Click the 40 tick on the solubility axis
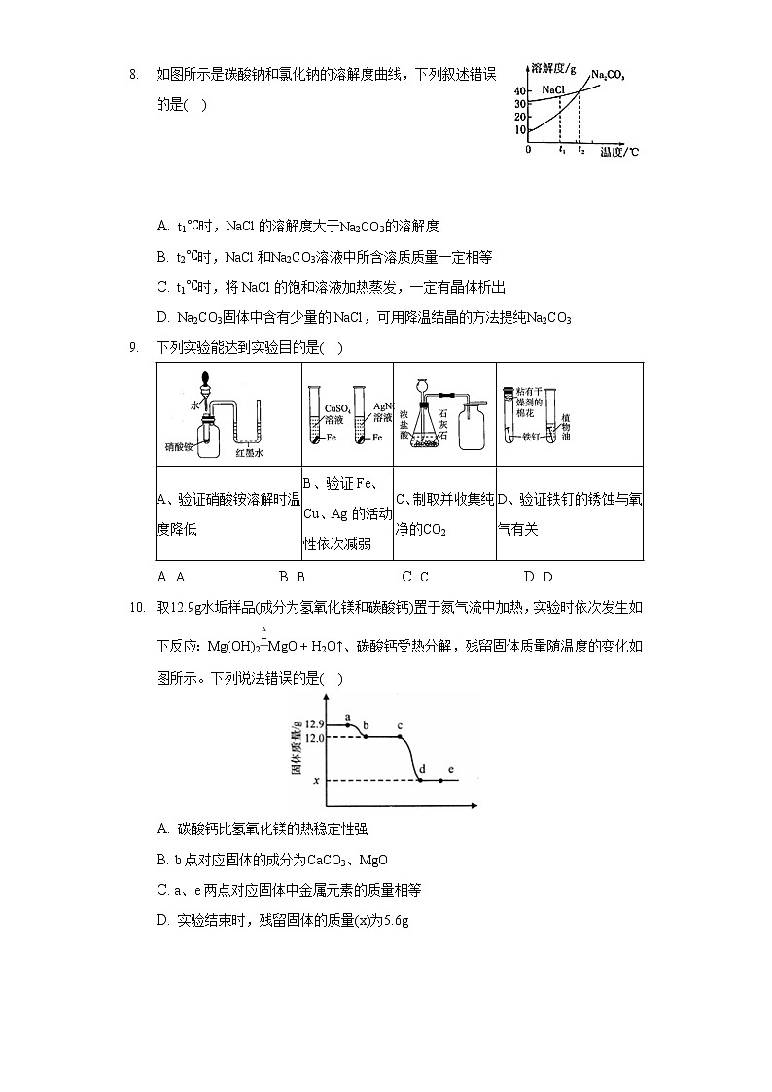pos(520,90)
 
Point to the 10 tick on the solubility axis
pos(520,128)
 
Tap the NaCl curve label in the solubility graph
pos(553,88)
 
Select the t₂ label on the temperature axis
pos(580,150)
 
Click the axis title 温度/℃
pos(618,152)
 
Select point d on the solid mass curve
pos(420,780)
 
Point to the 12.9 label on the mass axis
pos(312,724)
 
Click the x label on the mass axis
pos(316,781)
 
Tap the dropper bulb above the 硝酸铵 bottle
pos(205,381)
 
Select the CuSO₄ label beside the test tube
pos(335,408)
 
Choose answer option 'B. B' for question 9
pos(292,577)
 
